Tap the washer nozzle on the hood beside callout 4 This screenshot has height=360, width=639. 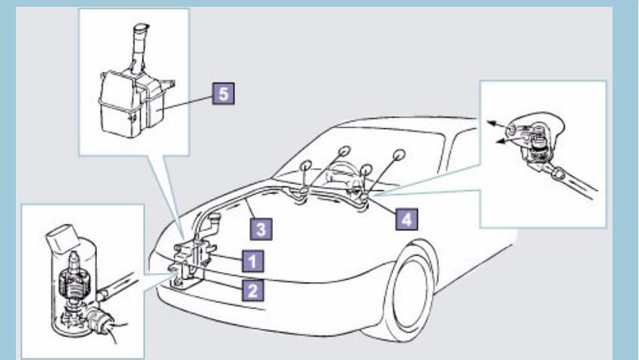[x=366, y=199]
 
